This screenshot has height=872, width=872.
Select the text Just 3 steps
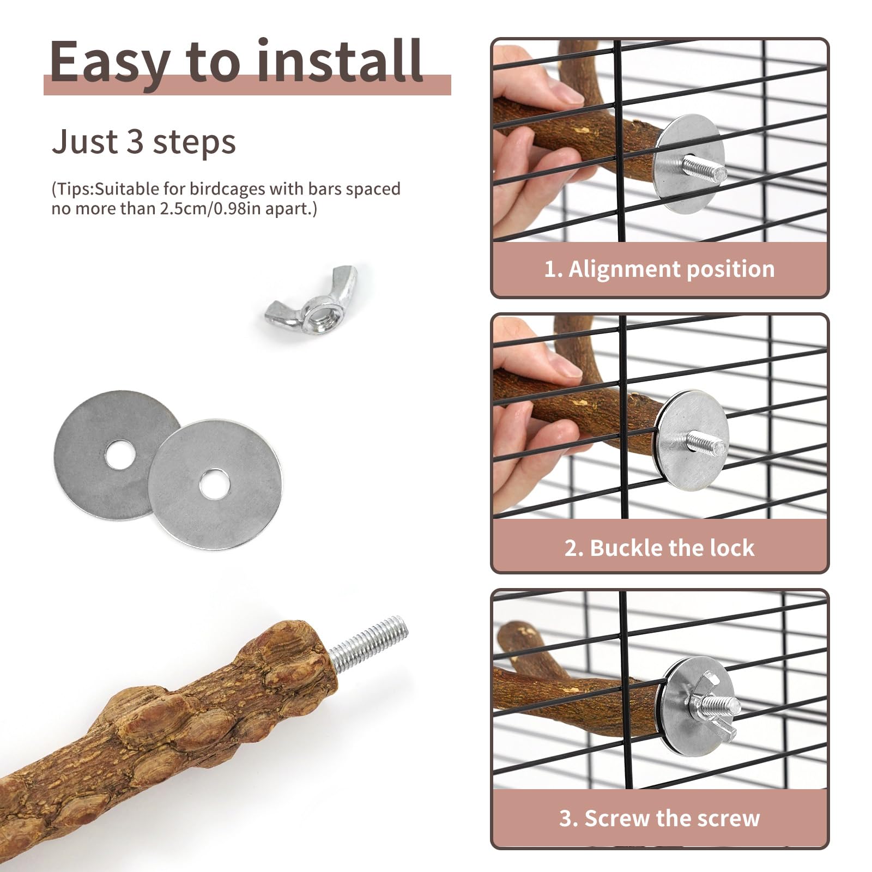pos(144,142)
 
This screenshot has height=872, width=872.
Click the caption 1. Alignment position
pos(659,269)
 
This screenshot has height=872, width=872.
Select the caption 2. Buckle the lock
pos(659,548)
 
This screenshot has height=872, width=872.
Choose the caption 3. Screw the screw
pos(659,818)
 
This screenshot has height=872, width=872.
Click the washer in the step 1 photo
pos(691,163)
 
